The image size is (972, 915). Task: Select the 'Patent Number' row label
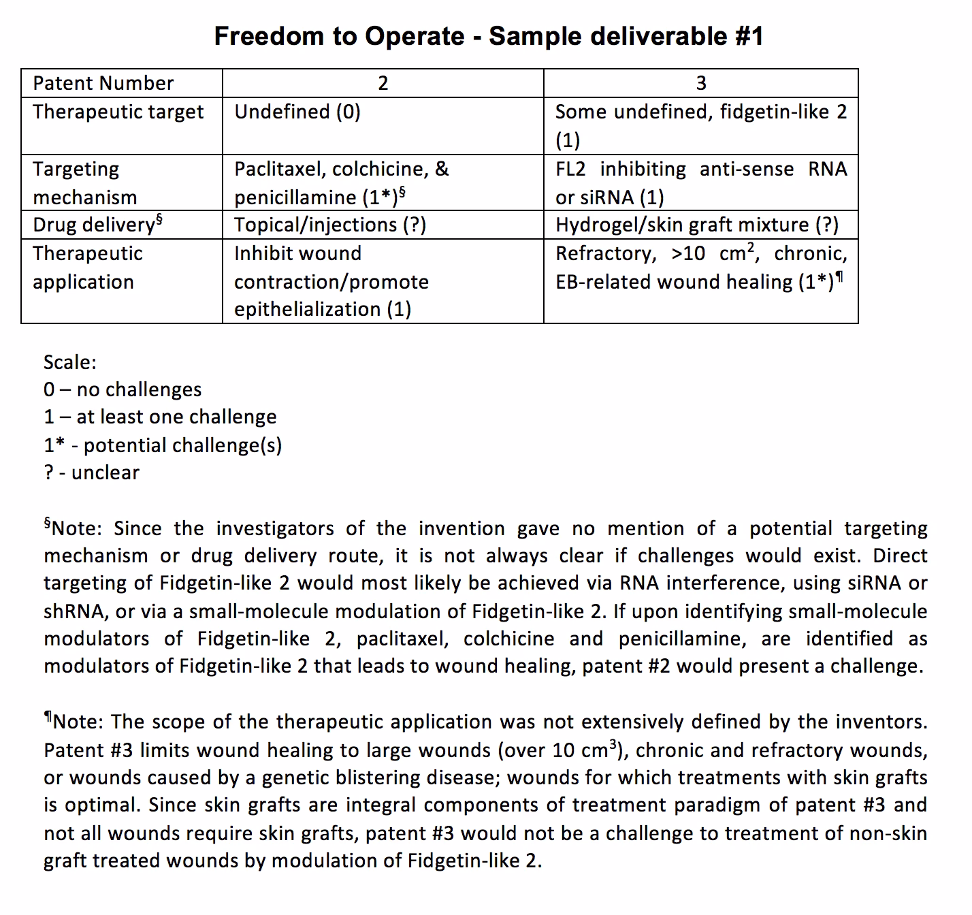[x=103, y=83]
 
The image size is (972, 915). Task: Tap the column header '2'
[x=383, y=83]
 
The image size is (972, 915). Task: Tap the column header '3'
[x=700, y=83]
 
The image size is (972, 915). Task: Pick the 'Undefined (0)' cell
[x=297, y=112]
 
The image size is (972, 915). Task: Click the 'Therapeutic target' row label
[x=118, y=112]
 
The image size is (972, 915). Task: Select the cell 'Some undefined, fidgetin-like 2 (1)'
[x=700, y=126]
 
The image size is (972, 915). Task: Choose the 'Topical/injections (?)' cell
[x=330, y=225]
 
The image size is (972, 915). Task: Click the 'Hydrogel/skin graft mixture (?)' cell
[x=696, y=225]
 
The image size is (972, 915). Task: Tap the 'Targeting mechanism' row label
[x=84, y=182]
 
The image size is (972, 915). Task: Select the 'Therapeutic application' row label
[x=87, y=267]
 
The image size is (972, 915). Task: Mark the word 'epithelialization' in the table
[x=307, y=309]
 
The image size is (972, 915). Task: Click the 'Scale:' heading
[x=69, y=362]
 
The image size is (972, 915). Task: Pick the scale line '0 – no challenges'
[x=123, y=389]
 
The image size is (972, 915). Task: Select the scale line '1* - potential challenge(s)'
[x=163, y=445]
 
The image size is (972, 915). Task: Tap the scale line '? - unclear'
[x=91, y=472]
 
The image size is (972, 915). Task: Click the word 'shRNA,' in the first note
[x=76, y=611]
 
